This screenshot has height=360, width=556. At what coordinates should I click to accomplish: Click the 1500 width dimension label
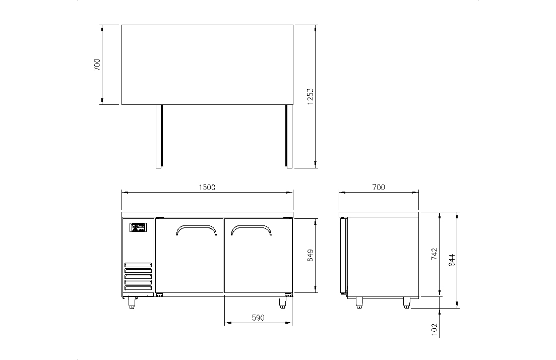point(207,187)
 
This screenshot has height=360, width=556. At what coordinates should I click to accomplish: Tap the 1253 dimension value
point(311,97)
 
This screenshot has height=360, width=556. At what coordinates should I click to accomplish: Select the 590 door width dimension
point(258,318)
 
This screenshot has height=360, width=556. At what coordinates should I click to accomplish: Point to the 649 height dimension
point(311,256)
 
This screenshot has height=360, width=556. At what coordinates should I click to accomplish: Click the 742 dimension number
point(435,254)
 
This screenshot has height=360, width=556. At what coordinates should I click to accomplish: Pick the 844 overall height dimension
point(452,260)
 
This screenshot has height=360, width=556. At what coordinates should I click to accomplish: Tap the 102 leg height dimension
point(435,330)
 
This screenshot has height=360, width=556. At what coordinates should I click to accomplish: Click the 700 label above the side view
point(379,187)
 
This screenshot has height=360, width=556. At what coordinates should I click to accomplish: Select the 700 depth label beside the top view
point(97,65)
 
